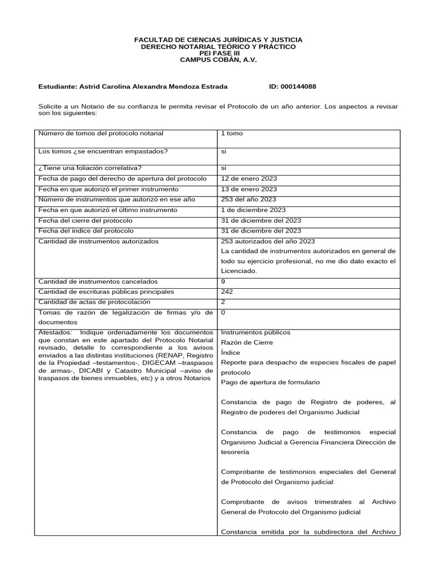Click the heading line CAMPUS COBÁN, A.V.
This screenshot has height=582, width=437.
(x=218, y=60)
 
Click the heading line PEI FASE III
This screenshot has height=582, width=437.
(x=218, y=53)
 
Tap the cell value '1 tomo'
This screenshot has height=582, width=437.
(x=232, y=133)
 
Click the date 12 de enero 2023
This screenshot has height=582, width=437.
(x=249, y=178)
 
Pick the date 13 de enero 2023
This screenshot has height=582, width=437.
(x=249, y=189)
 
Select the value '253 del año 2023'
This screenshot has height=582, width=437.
(x=249, y=199)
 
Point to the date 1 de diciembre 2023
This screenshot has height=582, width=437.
(x=253, y=210)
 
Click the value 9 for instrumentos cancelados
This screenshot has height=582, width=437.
(x=223, y=281)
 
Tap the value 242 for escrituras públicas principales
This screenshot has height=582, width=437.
(x=226, y=292)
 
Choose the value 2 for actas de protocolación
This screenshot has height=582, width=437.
(x=223, y=302)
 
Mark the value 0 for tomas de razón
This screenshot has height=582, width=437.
(x=223, y=312)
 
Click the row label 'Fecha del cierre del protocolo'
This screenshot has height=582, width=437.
(x=85, y=220)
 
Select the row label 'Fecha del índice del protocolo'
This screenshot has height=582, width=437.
(x=86, y=231)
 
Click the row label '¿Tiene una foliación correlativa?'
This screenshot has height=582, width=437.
(x=90, y=168)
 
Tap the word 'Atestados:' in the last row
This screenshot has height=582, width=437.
(x=55, y=332)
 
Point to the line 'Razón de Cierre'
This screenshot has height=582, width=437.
(x=246, y=342)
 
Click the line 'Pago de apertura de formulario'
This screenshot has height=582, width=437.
(x=270, y=382)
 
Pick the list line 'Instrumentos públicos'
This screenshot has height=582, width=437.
(x=255, y=332)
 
